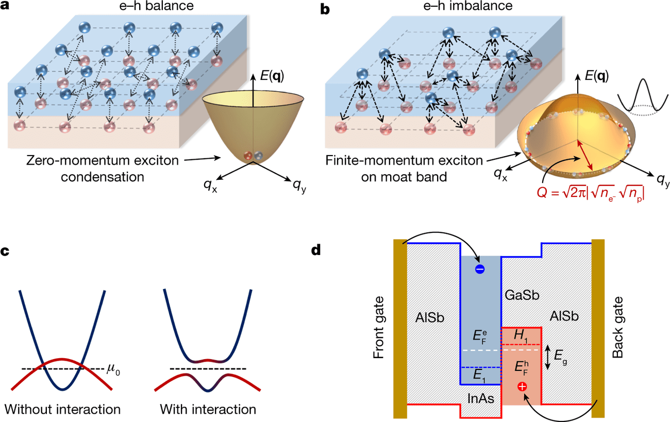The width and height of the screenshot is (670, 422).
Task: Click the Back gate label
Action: [618, 328]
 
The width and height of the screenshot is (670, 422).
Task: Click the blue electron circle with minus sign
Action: [479, 269]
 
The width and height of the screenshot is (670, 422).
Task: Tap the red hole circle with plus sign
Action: [522, 387]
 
